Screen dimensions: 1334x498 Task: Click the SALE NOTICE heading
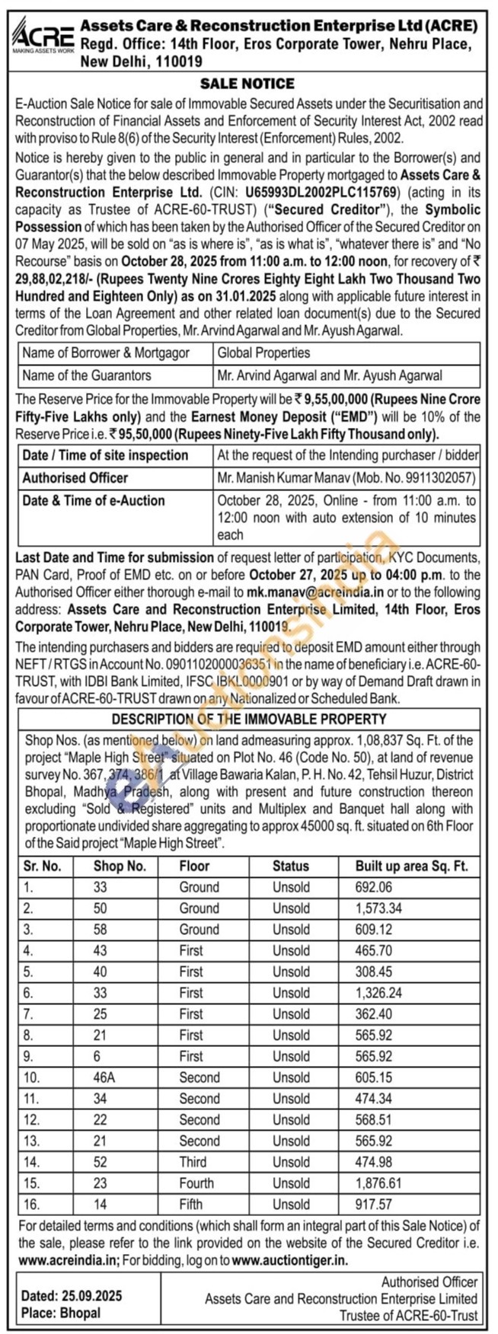point(247,84)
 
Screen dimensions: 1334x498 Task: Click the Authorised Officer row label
point(75,478)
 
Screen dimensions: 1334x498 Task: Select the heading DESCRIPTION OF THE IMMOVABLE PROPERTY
point(249,719)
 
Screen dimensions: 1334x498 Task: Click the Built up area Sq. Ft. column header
point(411,866)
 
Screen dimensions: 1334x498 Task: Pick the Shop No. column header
point(120,866)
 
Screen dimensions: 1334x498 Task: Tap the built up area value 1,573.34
point(378,908)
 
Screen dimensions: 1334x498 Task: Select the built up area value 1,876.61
point(378,1183)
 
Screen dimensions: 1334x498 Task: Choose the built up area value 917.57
point(373,1205)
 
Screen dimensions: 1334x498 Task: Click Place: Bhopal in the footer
point(61,1313)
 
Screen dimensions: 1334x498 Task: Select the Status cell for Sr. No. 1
point(291,887)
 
